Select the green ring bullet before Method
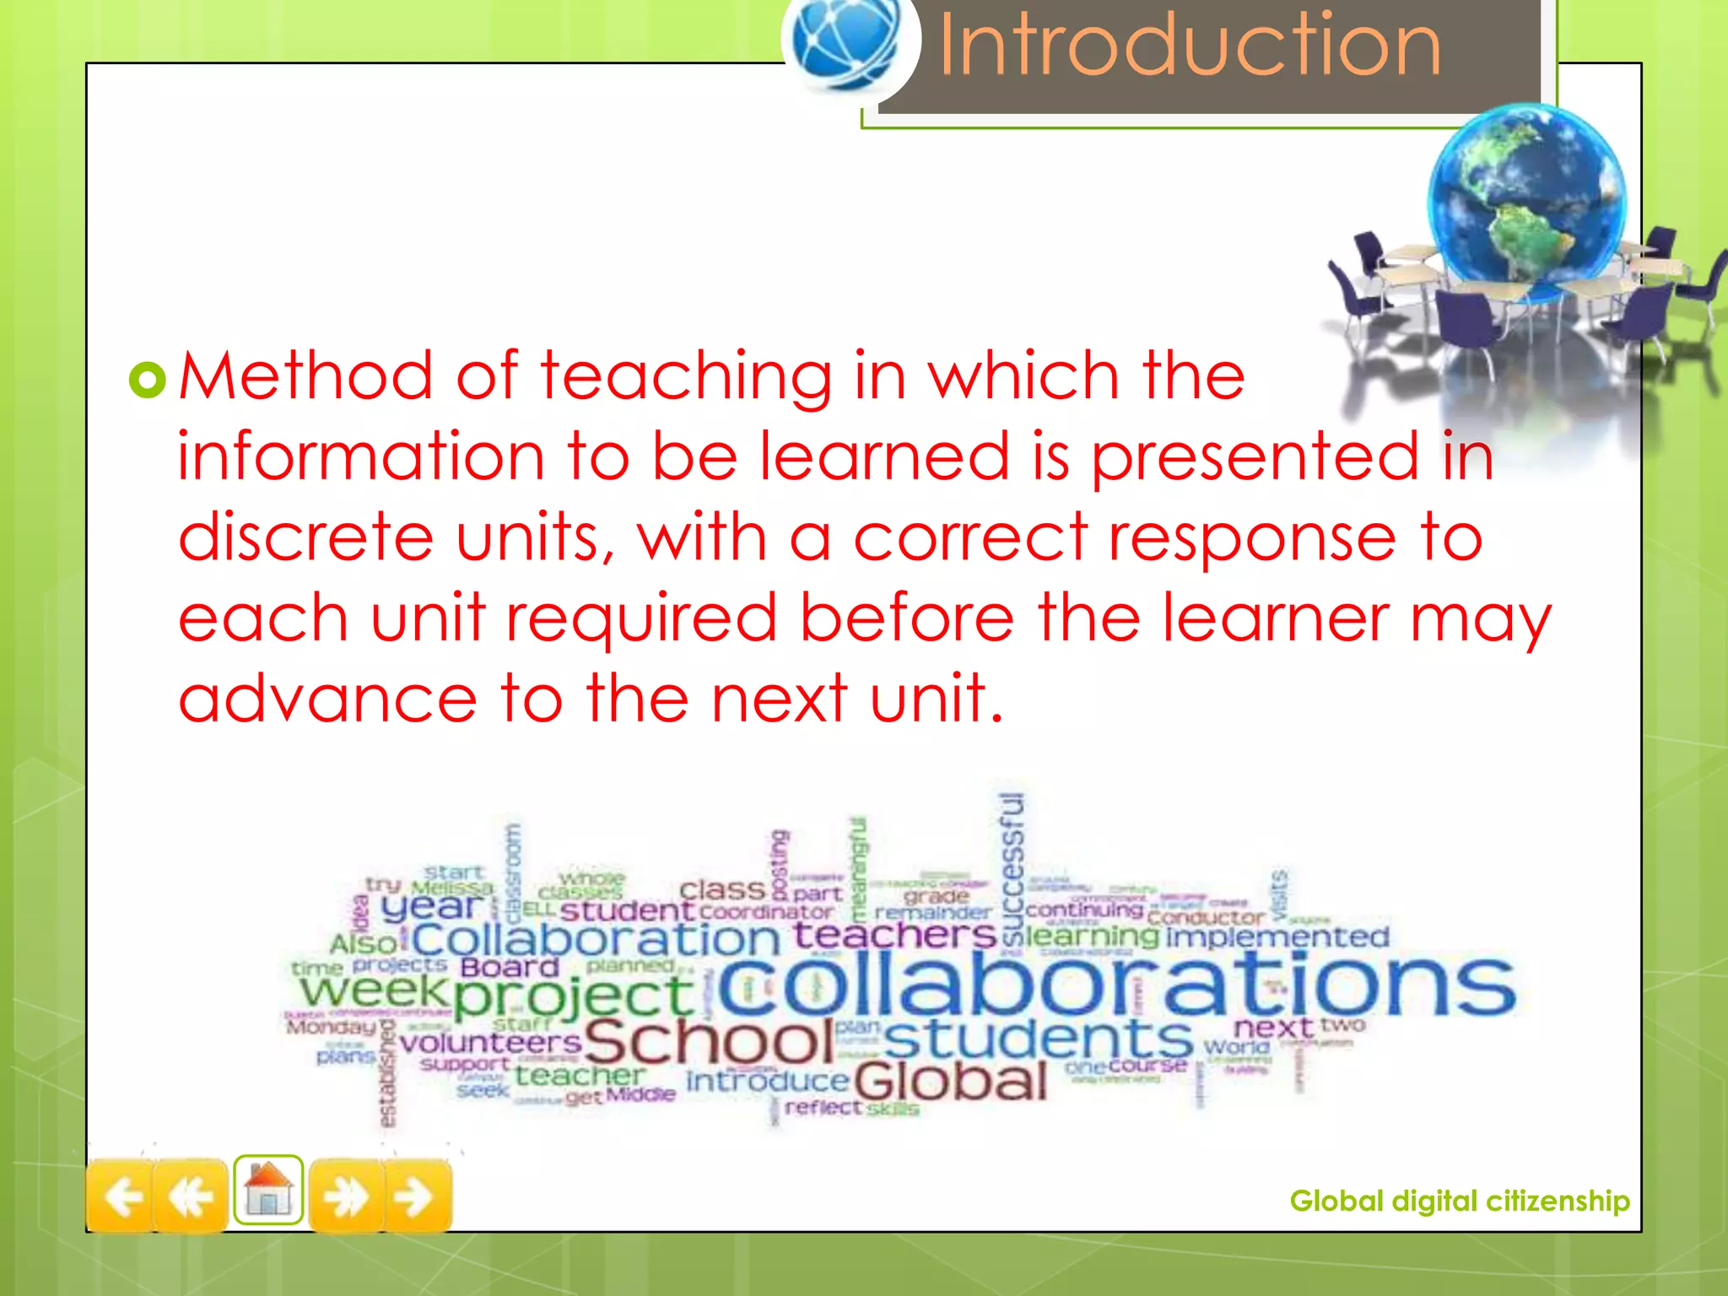pos(148,380)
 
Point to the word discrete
pos(305,537)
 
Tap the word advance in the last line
pos(327,699)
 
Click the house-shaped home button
pos(268,1190)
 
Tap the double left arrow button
pos(191,1196)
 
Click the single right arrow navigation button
pos(415,1196)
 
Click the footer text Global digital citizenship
pos(1459,1201)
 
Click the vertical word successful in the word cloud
pos(1012,869)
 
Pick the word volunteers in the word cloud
pos(490,1043)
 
